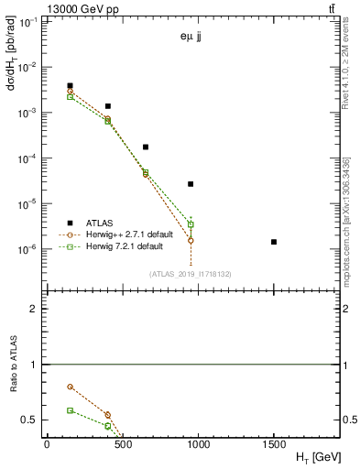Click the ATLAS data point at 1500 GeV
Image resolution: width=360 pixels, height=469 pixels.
pyautogui.click(x=274, y=242)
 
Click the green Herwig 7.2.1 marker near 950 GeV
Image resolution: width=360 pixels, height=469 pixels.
pyautogui.click(x=191, y=224)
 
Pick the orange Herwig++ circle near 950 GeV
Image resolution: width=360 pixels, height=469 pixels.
pyautogui.click(x=191, y=240)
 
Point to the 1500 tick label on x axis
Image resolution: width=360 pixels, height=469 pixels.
pyautogui.click(x=274, y=444)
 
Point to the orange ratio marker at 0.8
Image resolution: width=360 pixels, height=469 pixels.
pyautogui.click(x=71, y=387)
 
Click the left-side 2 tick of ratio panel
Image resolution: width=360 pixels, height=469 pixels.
pyautogui.click(x=36, y=309)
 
